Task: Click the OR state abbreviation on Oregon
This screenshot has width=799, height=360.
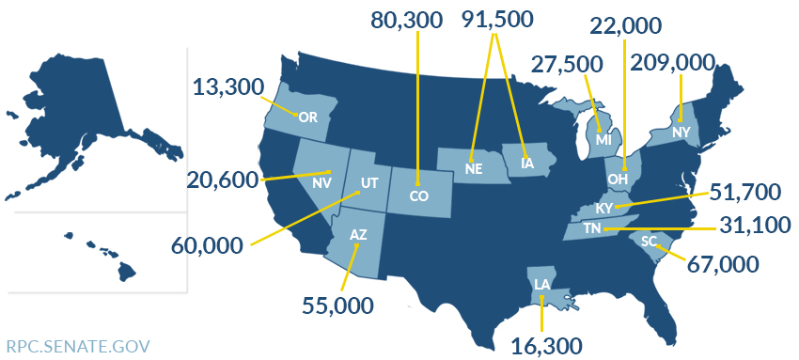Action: tap(307, 117)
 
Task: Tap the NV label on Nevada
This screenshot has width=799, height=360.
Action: tap(321, 181)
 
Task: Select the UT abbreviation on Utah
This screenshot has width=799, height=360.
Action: tap(369, 181)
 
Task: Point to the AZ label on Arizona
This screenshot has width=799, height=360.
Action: tap(358, 234)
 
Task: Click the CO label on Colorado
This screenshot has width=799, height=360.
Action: tap(419, 196)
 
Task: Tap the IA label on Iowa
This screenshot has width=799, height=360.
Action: tap(527, 164)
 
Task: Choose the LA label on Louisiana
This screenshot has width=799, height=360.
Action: tap(541, 283)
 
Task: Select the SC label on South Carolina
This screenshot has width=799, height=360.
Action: tap(649, 241)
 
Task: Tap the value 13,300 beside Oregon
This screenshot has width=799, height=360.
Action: tap(228, 87)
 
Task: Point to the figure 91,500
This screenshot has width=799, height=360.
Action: tap(497, 20)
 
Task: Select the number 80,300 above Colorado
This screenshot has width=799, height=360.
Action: tap(406, 21)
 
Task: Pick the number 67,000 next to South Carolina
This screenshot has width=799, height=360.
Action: tap(723, 263)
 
